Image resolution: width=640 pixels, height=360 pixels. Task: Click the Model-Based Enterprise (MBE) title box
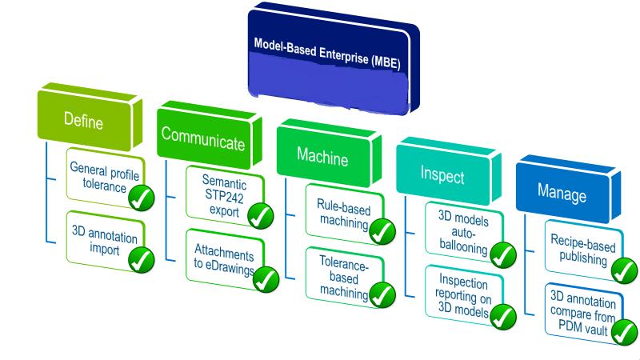334,59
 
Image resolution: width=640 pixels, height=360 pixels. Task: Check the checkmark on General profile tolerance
142,198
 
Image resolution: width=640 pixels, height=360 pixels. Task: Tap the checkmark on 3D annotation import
142,259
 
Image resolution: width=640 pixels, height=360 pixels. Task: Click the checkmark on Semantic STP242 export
261,215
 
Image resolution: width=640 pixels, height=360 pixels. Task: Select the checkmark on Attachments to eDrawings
266,279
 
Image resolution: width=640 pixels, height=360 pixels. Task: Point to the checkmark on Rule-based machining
382,231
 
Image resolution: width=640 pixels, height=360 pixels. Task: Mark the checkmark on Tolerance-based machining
382,294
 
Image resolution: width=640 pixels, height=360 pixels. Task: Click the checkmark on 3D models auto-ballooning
503,255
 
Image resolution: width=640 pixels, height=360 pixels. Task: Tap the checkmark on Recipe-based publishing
624,270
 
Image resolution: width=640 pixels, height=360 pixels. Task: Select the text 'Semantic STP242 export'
224,195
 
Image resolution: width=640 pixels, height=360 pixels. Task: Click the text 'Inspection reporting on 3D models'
463,295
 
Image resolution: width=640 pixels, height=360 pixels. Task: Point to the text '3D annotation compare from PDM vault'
583,313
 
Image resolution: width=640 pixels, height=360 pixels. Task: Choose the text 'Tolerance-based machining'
344,278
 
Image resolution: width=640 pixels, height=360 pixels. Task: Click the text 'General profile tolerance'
105,177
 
